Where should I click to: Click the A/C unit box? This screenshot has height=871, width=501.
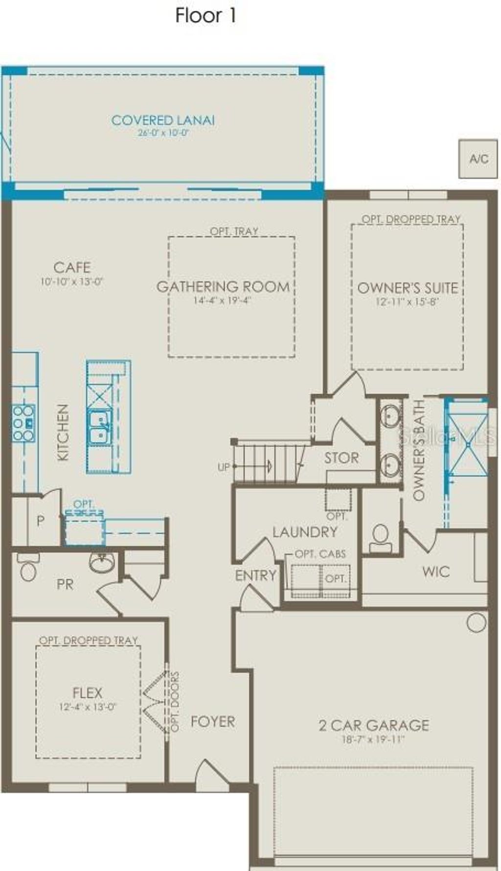478,159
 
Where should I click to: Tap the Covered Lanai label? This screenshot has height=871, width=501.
163,120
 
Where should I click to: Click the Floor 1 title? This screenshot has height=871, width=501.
205,16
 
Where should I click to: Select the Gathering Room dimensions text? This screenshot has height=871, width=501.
222,300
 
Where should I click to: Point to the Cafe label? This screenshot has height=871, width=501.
72,267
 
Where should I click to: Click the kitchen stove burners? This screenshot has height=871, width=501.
23,423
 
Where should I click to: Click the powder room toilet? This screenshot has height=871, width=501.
27,569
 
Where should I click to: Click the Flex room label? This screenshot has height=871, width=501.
88,693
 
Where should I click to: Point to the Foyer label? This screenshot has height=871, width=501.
213,721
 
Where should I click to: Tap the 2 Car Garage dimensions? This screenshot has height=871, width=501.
373,739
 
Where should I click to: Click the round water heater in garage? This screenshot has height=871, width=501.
476,622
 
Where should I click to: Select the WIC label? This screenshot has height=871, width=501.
436,571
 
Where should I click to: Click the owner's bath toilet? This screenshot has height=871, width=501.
380,536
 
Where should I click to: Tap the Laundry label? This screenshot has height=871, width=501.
305,532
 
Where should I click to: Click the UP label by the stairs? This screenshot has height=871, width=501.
224,467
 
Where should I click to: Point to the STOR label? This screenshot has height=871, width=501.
342,458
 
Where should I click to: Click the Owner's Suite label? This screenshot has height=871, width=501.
408,288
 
